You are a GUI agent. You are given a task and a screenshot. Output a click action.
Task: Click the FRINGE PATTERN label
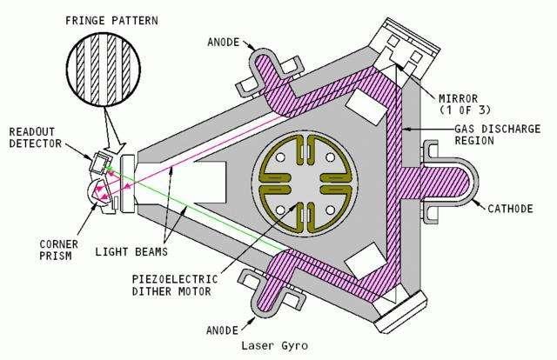click(111, 21)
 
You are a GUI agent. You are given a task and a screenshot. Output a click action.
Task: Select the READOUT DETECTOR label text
click(35, 137)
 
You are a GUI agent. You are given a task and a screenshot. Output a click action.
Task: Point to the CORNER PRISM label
click(58, 250)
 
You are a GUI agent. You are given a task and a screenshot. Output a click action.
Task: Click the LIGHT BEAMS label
click(131, 251)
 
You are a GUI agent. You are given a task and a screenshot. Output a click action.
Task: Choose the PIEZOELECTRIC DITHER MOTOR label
click(175, 285)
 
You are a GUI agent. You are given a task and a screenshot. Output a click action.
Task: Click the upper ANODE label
click(224, 43)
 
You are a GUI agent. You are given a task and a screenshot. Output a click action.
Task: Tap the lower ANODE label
click(223, 330)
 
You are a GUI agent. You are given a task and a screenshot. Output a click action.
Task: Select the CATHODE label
click(510, 209)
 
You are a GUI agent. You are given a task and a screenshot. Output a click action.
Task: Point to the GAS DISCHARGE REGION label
click(497, 135)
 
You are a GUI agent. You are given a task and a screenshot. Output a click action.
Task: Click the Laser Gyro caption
click(275, 345)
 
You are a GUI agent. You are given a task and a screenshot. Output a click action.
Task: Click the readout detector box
click(100, 163)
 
